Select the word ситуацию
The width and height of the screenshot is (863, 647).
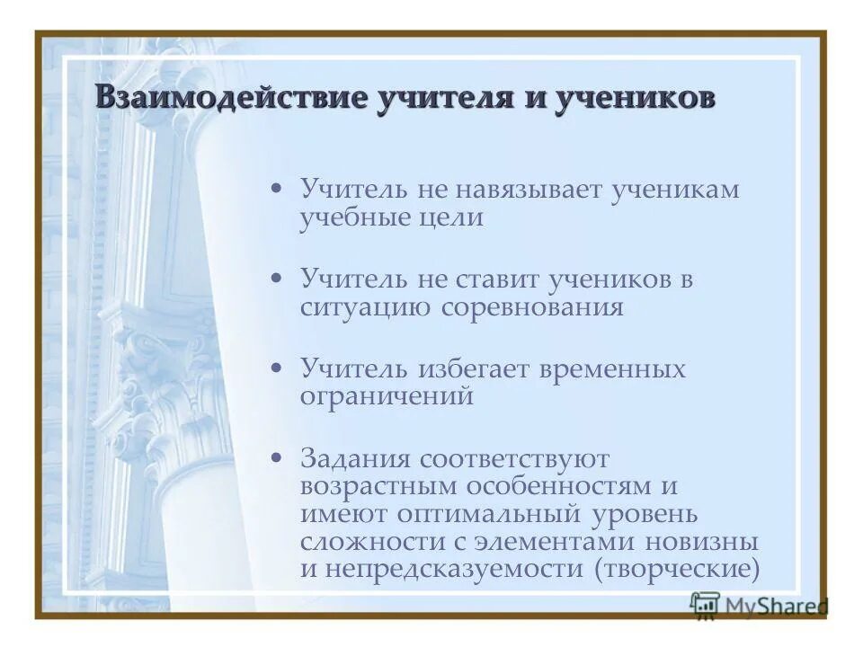[x=366, y=307]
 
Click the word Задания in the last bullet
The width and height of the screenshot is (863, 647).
[x=353, y=459]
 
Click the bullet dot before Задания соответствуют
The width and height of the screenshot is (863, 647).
[x=278, y=458]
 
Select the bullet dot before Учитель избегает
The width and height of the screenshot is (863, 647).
[x=278, y=368]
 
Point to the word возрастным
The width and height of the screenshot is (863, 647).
[x=378, y=487]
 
